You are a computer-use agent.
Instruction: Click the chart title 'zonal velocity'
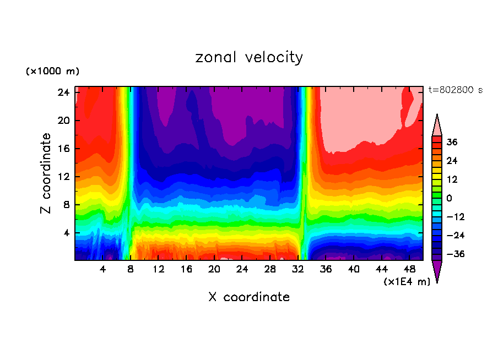coord(249,57)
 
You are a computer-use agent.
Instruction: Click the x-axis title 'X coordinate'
coord(249,297)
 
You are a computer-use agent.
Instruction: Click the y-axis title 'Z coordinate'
coord(47,173)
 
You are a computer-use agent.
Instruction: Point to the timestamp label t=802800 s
coord(455,90)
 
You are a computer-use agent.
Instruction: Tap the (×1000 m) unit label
coord(52,72)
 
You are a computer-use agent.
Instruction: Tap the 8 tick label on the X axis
coord(131,270)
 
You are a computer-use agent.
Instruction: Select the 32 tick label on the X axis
coord(298,270)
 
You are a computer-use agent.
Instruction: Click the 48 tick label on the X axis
coord(410,270)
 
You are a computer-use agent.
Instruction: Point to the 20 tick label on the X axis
coord(214,270)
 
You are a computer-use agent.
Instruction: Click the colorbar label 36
coord(452,142)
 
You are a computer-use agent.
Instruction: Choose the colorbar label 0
coord(449,198)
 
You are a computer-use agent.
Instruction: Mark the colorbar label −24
coord(454,236)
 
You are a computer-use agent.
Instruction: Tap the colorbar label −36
coord(454,254)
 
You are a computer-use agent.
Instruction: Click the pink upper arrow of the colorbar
coord(437,126)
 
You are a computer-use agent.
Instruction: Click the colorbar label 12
coord(452,179)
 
